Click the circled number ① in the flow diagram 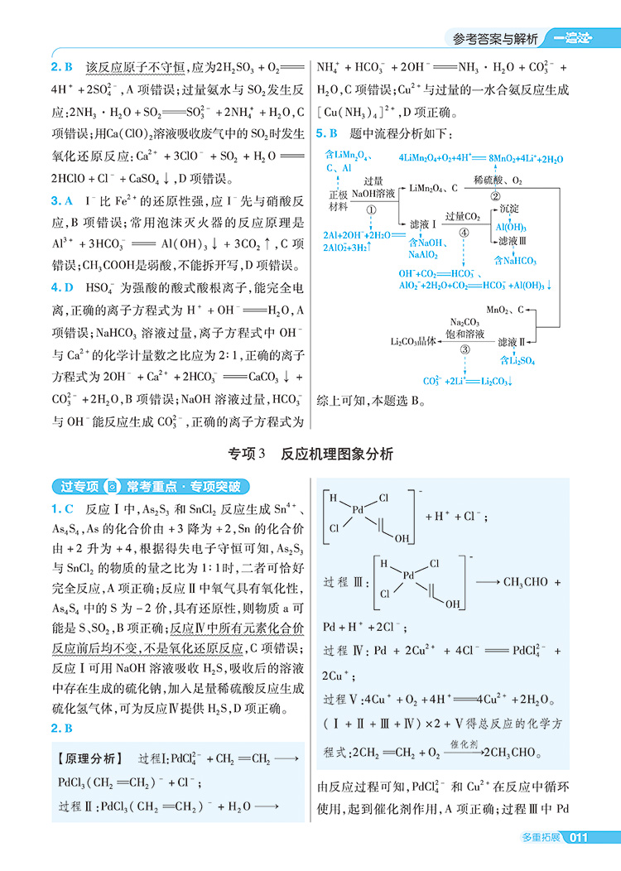click(x=372, y=210)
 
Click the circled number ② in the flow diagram click(x=495, y=196)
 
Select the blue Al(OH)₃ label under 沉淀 click(x=511, y=226)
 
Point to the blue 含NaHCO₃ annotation click(x=515, y=261)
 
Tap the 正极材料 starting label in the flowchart click(x=339, y=200)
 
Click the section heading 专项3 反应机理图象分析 click(x=310, y=454)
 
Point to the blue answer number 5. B click(x=328, y=132)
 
